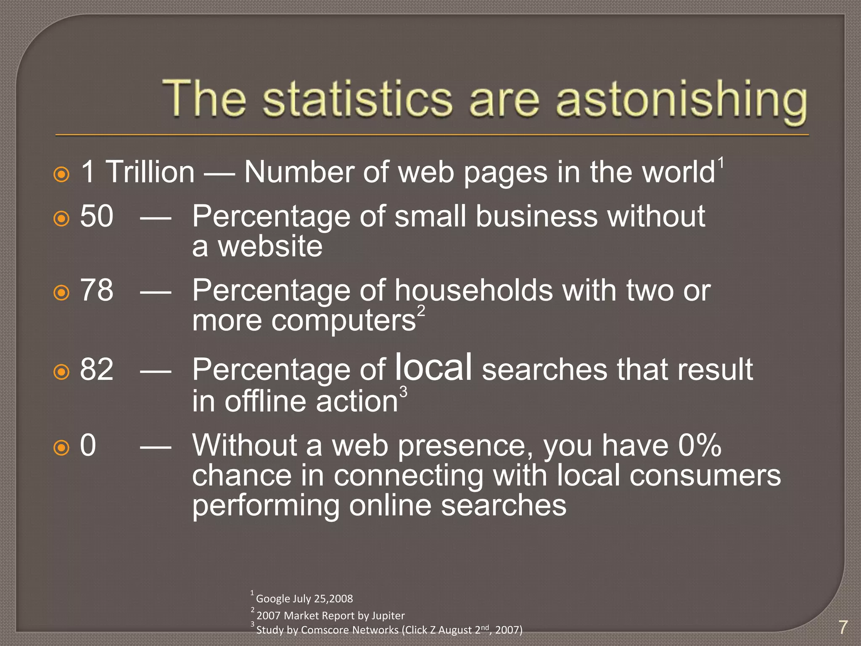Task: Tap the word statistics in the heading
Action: click(357, 99)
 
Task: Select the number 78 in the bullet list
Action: click(97, 291)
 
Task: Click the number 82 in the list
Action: click(97, 370)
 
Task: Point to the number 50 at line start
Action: click(97, 217)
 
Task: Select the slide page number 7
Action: click(843, 627)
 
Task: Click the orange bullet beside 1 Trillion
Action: click(62, 174)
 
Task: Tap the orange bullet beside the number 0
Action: click(62, 447)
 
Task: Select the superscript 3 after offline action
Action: click(403, 392)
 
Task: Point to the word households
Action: click(473, 291)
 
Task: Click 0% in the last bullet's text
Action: click(700, 445)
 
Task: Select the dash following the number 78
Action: click(156, 291)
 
